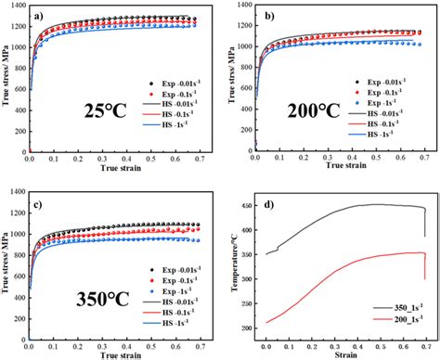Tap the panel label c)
pyautogui.click(x=41, y=206)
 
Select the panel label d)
pyautogui.click(x=269, y=206)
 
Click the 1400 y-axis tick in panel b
pyautogui.click(x=244, y=6)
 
